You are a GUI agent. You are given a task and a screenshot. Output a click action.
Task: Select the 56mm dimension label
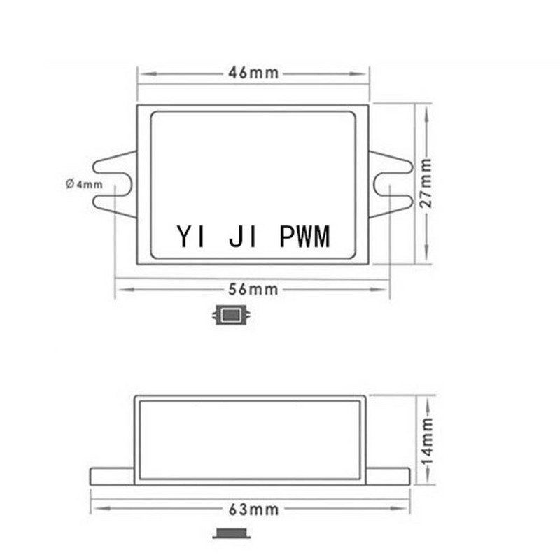pos(253,288)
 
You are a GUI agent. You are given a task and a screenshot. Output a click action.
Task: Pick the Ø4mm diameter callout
pos(84,184)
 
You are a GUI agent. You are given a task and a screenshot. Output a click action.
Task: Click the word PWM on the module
pos(304,237)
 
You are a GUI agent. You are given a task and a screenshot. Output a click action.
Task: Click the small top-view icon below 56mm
pos(232,316)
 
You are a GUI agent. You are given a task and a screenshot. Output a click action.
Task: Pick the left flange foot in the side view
pos(112,476)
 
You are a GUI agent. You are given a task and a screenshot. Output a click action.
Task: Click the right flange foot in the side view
pos(388,476)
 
